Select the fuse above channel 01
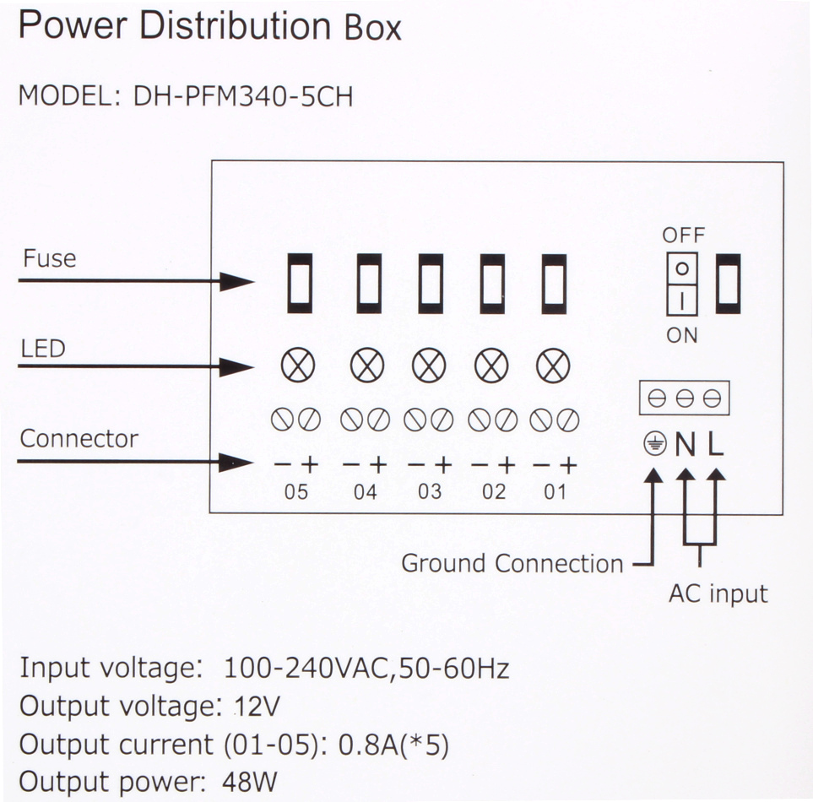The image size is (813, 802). (x=554, y=283)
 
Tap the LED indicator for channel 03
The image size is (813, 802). (x=429, y=366)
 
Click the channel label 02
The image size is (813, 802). (x=494, y=491)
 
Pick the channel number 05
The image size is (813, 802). (x=296, y=491)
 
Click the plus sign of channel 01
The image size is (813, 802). (x=568, y=463)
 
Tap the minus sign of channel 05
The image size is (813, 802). (x=283, y=463)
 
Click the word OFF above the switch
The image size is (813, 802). (x=683, y=236)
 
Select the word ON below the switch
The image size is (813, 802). (x=682, y=335)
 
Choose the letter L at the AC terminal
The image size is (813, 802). (x=716, y=444)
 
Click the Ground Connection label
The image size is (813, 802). (x=512, y=563)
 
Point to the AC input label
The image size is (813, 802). (x=718, y=593)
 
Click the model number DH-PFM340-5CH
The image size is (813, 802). (x=243, y=96)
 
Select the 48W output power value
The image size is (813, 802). (x=250, y=781)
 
